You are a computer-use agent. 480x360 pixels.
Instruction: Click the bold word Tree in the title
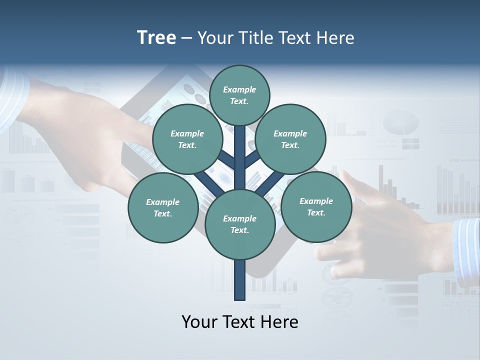[x=156, y=37]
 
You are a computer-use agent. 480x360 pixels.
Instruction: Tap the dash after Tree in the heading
[x=186, y=38]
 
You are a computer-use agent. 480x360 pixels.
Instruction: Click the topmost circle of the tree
[x=239, y=95]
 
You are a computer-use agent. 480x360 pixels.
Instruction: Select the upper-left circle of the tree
[x=187, y=139]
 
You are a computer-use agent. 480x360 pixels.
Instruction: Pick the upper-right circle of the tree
[x=290, y=139]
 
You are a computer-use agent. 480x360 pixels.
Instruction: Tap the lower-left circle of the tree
[x=163, y=207]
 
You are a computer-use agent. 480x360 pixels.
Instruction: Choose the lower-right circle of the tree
[x=316, y=206]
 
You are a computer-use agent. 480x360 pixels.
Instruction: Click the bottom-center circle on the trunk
[x=240, y=224]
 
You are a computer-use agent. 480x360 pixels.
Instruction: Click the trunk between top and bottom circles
[x=240, y=160]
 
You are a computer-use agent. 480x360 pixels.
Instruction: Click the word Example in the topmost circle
[x=239, y=89]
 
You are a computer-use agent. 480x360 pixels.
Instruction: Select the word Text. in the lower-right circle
[x=316, y=212]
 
